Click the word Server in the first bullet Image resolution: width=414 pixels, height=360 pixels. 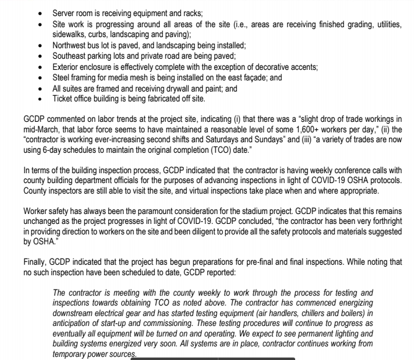pos(64,12)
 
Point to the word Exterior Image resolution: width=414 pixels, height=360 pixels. pos(66,66)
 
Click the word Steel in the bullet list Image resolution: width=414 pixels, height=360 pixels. pos(62,77)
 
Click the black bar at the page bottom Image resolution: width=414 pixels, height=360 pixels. pos(215,358)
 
